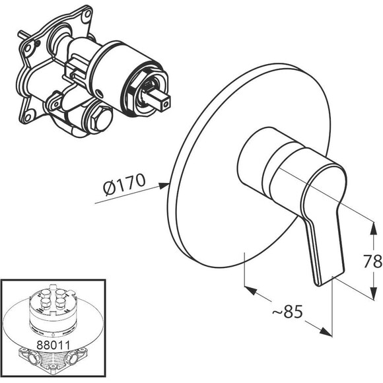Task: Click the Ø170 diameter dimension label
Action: [124, 184]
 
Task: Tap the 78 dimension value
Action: [372, 261]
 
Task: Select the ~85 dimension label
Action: [287, 311]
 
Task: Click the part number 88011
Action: [53, 345]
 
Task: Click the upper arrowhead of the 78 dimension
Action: [373, 228]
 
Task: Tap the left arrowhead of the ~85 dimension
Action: [251, 290]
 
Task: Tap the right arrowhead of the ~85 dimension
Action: [326, 331]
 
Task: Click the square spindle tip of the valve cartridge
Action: [166, 103]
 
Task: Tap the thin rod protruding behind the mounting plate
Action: [24, 34]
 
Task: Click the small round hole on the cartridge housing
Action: [98, 92]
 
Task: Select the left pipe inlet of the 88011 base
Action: [33, 359]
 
